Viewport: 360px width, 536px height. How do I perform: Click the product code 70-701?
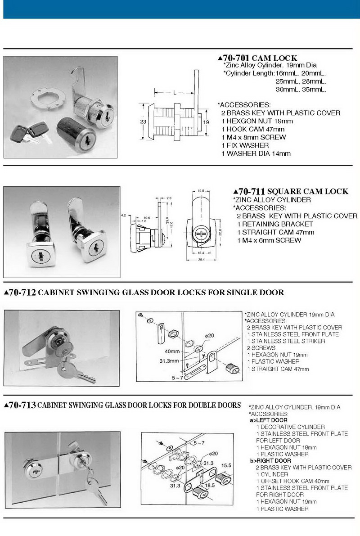236,58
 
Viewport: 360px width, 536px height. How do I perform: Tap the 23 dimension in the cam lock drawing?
142,121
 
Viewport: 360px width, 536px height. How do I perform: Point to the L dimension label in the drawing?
174,92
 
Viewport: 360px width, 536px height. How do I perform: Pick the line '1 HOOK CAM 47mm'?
253,129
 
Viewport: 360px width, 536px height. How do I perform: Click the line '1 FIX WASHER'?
245,145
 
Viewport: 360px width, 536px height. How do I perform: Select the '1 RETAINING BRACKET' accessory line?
275,224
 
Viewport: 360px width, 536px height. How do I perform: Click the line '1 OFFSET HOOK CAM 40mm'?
292,481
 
